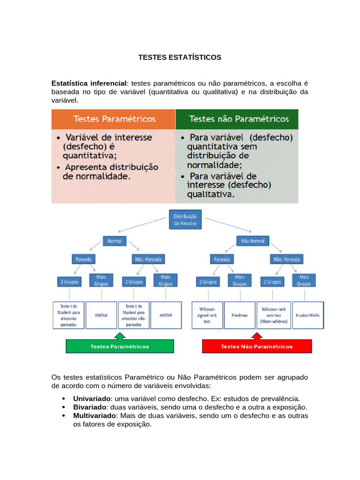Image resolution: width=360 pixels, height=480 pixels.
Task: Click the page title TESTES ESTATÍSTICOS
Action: pyautogui.click(x=180, y=57)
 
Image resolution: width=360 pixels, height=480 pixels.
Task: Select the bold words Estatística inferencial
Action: pyautogui.click(x=89, y=83)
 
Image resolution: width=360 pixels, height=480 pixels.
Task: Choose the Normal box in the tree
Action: pyautogui.click(x=114, y=241)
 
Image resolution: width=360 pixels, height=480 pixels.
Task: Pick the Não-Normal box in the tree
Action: pyautogui.click(x=252, y=241)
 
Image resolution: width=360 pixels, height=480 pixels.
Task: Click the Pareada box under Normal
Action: pyautogui.click(x=84, y=259)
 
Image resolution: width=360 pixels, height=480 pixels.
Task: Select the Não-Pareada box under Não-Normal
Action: pyautogui.click(x=286, y=259)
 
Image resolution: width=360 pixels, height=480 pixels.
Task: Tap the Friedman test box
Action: pyautogui.click(x=239, y=315)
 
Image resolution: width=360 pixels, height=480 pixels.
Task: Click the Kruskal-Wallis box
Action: pyautogui.click(x=307, y=315)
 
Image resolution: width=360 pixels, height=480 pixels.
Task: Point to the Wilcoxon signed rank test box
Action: pyautogui.click(x=206, y=315)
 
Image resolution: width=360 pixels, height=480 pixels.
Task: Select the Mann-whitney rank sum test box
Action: pyautogui.click(x=273, y=315)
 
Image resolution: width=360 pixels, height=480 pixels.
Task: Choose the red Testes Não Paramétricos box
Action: pyautogui.click(x=256, y=347)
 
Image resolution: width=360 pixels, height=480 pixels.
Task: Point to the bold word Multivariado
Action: pyautogui.click(x=95, y=416)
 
